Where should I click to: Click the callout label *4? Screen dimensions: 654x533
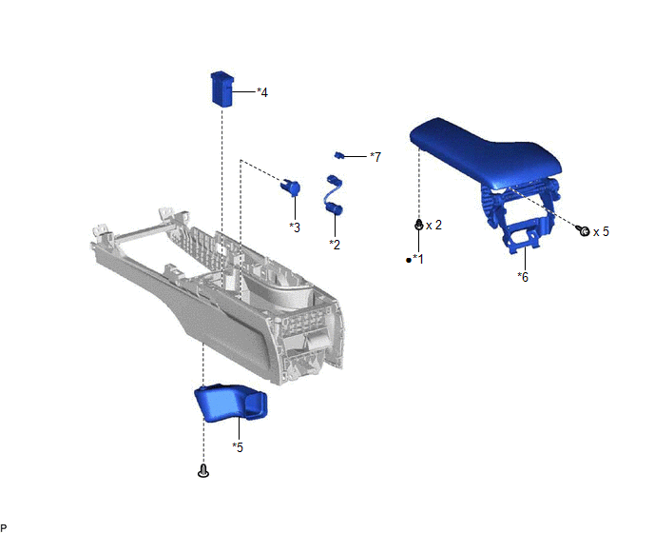coord(262,92)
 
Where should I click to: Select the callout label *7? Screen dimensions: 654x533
coord(375,157)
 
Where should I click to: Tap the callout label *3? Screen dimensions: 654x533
coord(295,227)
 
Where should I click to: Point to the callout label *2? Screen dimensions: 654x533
coord(335,245)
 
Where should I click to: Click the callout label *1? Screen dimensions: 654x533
coord(418,260)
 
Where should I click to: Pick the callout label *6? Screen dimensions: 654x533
coord(523,277)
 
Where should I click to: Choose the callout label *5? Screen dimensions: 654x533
coord(238,447)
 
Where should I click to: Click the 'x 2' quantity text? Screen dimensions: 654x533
coord(433,226)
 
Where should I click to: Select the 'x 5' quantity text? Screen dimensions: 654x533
coord(601,231)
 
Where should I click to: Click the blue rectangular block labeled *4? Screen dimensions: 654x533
coord(222,89)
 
